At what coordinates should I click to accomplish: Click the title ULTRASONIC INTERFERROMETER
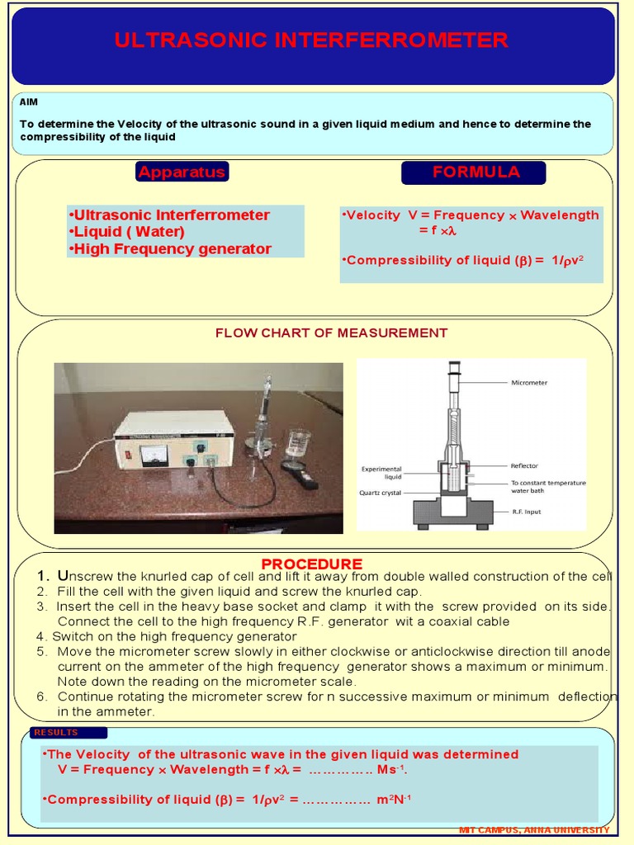(x=311, y=40)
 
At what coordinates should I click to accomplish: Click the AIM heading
(x=29, y=101)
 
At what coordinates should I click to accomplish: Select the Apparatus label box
(x=182, y=172)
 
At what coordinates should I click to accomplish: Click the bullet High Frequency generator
(x=170, y=248)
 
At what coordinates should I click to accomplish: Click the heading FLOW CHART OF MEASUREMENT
(x=331, y=333)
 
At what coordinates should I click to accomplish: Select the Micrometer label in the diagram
(x=529, y=383)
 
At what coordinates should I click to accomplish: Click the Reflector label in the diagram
(x=524, y=465)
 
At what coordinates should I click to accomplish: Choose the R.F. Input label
(x=525, y=512)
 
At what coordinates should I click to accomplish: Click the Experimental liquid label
(x=381, y=473)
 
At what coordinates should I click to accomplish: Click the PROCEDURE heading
(x=311, y=564)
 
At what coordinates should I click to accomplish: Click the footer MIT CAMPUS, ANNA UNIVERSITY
(x=534, y=829)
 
